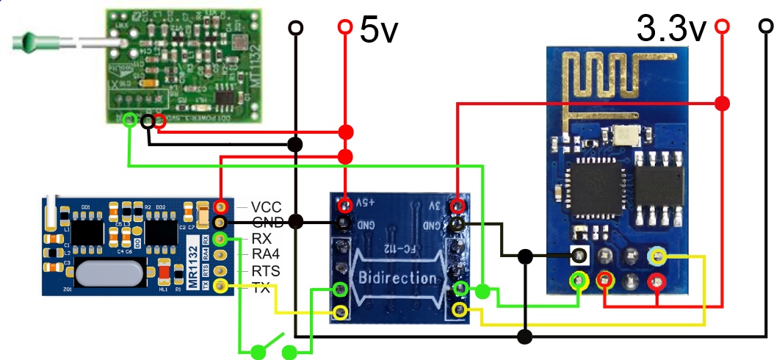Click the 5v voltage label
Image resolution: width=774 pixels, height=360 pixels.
pos(379,30)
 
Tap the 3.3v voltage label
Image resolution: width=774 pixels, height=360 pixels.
pos(671,29)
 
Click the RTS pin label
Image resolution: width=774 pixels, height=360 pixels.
pos(265,272)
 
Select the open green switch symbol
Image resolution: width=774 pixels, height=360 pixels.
pos(269,346)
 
